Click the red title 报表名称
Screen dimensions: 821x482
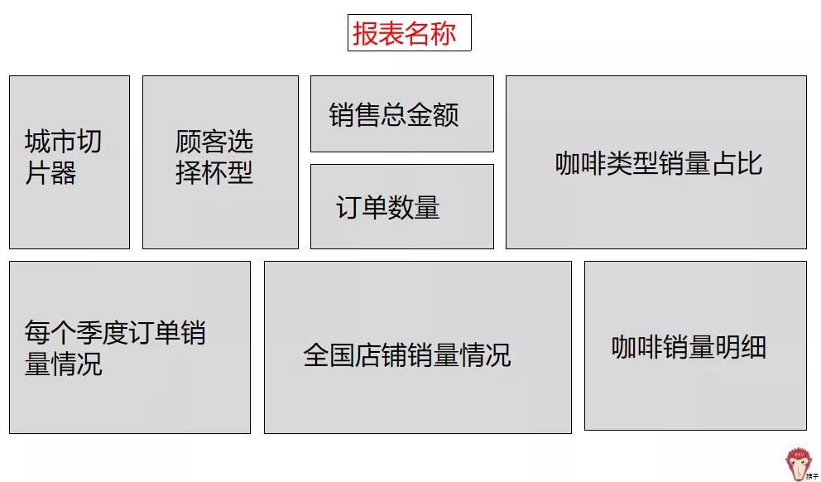point(409,33)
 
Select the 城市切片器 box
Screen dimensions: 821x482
point(70,162)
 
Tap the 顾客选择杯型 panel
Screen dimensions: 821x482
point(220,162)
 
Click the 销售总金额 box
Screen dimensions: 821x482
point(401,114)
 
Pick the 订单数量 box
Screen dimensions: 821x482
point(401,207)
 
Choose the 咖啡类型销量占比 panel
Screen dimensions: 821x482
point(655,162)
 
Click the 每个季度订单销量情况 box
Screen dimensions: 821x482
point(129,347)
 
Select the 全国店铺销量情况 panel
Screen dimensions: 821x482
point(417,347)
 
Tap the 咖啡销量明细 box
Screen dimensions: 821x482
point(695,345)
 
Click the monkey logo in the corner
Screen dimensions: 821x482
point(799,465)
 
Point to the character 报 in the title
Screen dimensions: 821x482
point(365,34)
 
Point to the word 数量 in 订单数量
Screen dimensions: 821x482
point(414,207)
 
